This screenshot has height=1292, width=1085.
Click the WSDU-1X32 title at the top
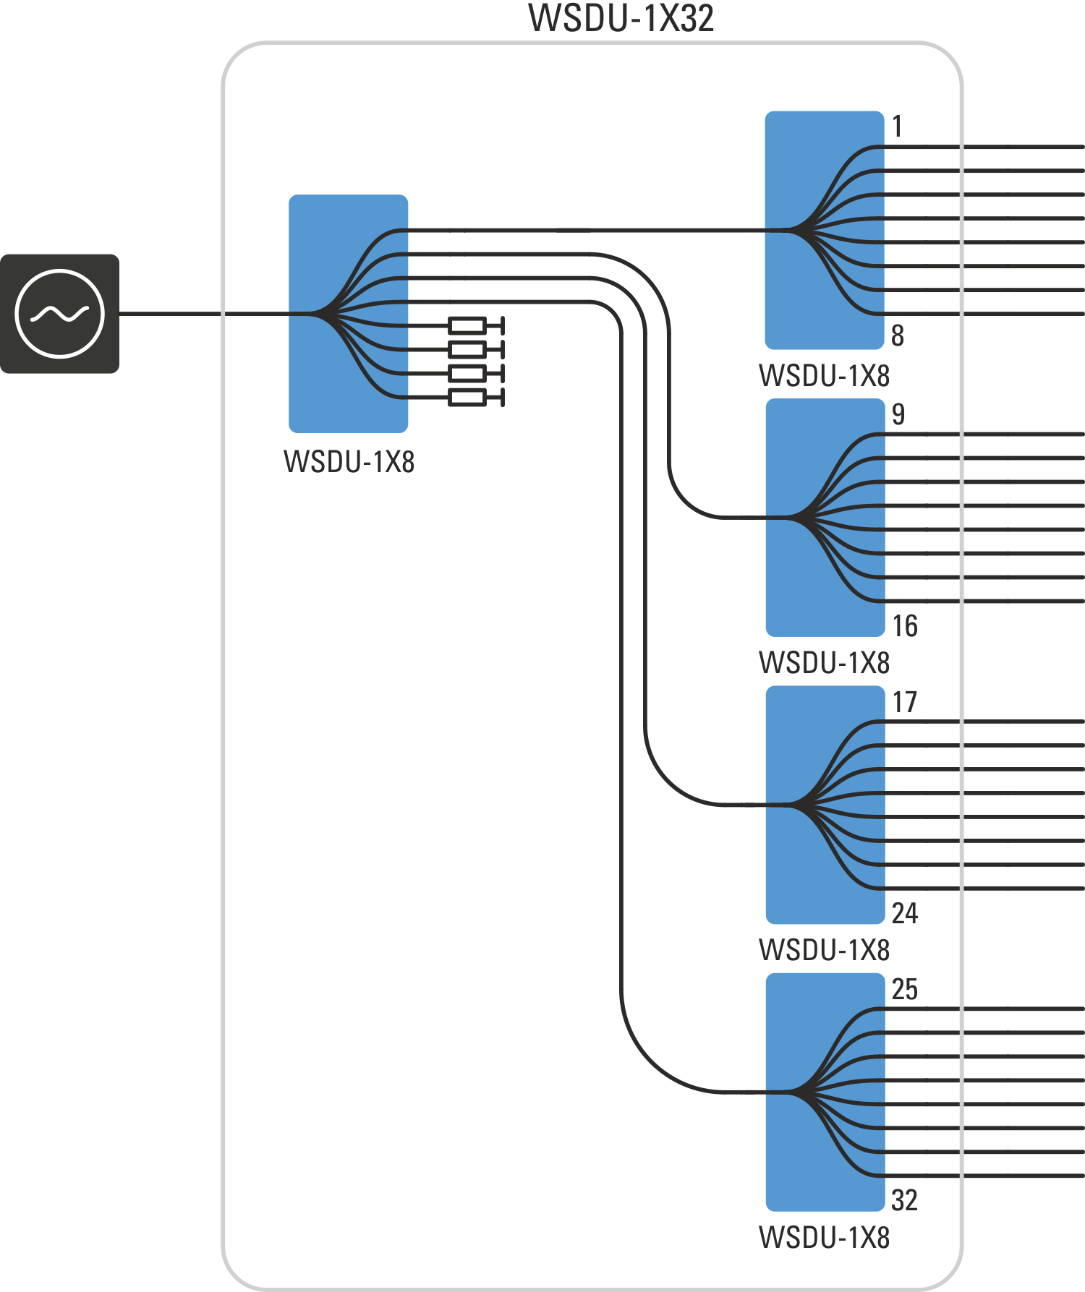point(621,18)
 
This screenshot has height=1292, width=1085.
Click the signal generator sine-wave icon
point(59,314)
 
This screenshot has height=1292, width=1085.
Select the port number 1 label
point(897,127)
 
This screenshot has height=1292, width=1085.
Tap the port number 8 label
point(898,335)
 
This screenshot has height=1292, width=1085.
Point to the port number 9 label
point(898,414)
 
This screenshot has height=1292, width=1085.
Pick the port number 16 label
point(905,626)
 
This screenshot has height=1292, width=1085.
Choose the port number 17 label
point(905,702)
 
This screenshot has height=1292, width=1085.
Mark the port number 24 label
point(905,913)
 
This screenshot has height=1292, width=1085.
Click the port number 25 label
point(905,989)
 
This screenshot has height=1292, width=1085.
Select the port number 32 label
point(905,1200)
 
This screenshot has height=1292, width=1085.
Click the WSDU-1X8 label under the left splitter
point(349,461)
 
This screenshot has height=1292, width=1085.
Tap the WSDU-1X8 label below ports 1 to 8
point(825,376)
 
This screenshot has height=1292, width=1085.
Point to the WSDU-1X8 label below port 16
point(825,662)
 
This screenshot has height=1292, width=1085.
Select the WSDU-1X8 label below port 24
point(825,949)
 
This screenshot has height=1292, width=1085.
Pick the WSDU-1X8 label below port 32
point(825,1237)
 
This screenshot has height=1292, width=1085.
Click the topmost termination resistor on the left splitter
point(468,325)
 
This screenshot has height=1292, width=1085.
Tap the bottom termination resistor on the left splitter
point(468,397)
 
